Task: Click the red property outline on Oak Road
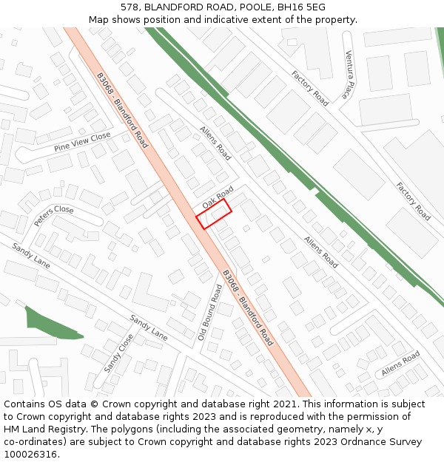[214, 214]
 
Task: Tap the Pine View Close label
[81, 142]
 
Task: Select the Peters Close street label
[54, 215]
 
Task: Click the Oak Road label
[218, 196]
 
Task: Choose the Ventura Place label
[349, 75]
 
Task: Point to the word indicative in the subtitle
[229, 20]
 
